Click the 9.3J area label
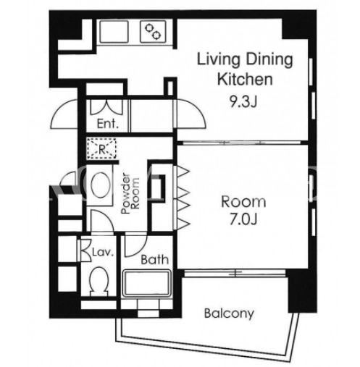(243, 102)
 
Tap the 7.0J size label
(243, 219)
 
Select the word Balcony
(229, 313)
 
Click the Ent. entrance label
(108, 124)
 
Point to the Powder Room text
(130, 193)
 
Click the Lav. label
(103, 253)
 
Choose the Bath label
(154, 260)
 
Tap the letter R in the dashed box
(102, 150)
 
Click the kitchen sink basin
(114, 32)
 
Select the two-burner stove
(153, 32)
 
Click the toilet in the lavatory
(99, 281)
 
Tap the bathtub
(146, 284)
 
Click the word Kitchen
(245, 79)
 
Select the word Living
(219, 59)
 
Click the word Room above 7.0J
(243, 202)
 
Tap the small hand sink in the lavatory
(85, 250)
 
